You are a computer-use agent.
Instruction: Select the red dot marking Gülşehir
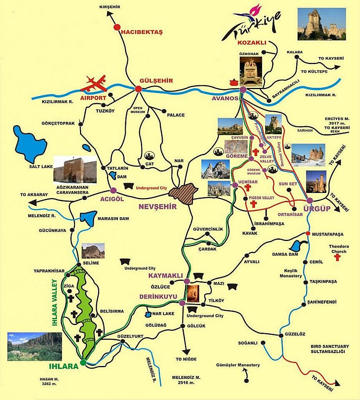click(x=138, y=89)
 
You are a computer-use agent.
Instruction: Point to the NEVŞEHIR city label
click(x=157, y=207)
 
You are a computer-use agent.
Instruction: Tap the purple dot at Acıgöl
click(x=113, y=190)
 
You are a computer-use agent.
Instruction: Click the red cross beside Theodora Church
click(x=338, y=259)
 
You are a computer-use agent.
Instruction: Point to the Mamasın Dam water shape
click(x=88, y=218)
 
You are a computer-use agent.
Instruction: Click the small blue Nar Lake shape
click(x=148, y=314)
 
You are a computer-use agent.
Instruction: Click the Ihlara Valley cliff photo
click(x=34, y=346)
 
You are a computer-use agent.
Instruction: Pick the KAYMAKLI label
click(x=163, y=276)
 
